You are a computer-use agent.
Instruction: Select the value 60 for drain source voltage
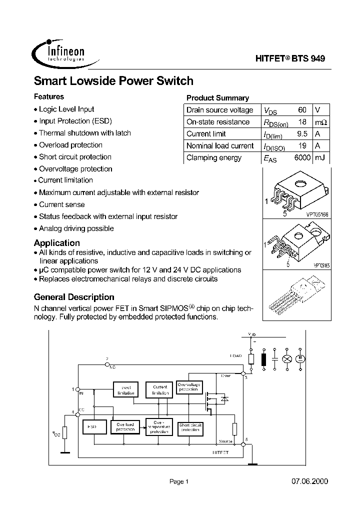(x=302, y=110)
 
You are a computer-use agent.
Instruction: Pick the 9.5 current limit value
(x=301, y=134)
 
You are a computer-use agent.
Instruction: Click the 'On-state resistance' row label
(x=218, y=122)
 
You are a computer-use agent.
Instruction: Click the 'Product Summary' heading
(x=217, y=98)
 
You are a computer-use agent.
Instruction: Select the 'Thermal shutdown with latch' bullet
(x=84, y=133)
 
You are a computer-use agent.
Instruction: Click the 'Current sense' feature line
(x=61, y=204)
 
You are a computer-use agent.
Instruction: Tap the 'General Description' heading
(x=74, y=297)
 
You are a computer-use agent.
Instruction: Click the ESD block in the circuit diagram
(x=92, y=427)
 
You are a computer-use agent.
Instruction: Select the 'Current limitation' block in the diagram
(x=160, y=389)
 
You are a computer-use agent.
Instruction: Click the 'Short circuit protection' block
(x=190, y=427)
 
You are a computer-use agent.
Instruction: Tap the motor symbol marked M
(x=301, y=358)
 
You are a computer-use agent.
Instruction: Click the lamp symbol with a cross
(x=287, y=358)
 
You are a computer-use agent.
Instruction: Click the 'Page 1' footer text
(x=179, y=481)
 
